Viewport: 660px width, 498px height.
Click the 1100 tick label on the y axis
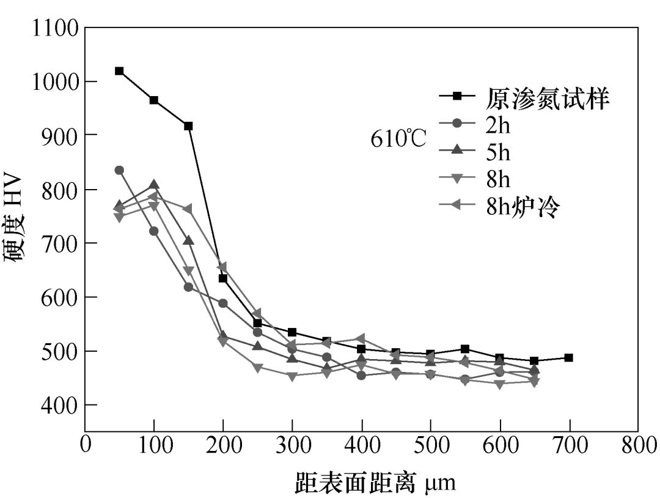tap(55, 28)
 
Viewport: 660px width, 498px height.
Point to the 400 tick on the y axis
tap(86, 404)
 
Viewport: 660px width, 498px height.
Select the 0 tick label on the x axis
tap(86, 445)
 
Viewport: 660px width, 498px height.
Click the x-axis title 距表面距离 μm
tap(375, 481)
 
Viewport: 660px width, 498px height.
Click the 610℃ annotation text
tap(398, 139)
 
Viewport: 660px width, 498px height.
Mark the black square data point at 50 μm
tap(119, 71)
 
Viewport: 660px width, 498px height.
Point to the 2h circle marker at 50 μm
tap(119, 170)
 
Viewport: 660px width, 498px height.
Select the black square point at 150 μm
tap(188, 126)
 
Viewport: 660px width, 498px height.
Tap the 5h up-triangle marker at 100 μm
tap(154, 185)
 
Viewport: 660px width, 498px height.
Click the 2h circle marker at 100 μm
tap(154, 231)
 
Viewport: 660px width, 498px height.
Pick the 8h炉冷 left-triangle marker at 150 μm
tap(188, 209)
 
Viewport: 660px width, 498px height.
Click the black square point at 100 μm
tap(154, 100)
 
